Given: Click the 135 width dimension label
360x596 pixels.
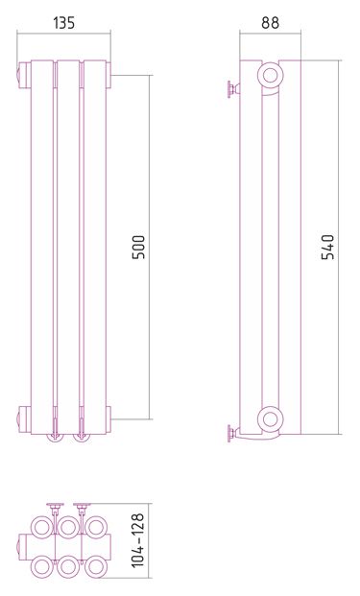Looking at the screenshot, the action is tap(64, 23).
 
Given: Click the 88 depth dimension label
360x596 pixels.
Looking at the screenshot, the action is tap(270, 23).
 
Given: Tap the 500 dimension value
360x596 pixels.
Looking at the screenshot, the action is tap(139, 247).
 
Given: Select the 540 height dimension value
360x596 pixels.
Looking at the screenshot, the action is tap(327, 247).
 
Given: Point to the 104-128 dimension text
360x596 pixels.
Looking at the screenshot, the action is tap(138, 540).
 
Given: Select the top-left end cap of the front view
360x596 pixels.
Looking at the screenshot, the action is tap(24, 75).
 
